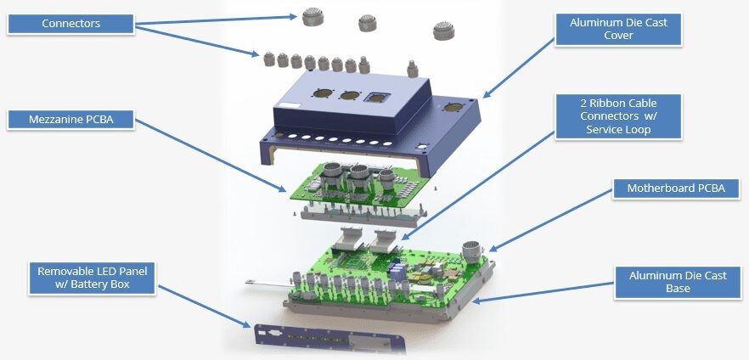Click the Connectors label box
70,24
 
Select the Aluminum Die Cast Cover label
618,29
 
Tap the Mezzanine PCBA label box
70,120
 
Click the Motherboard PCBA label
676,188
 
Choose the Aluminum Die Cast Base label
678,282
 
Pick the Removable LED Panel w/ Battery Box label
93,278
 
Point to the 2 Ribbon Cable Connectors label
618,116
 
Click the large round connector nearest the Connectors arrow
313,18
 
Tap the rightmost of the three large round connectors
444,31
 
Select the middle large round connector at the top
367,22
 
